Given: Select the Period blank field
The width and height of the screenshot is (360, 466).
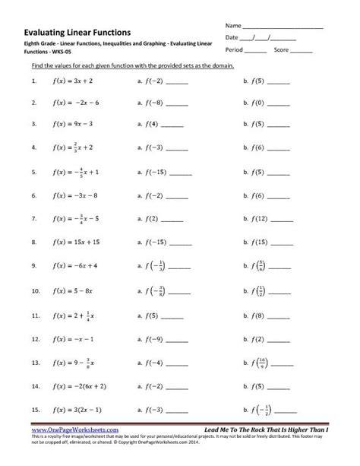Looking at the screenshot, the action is [x=256, y=51].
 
